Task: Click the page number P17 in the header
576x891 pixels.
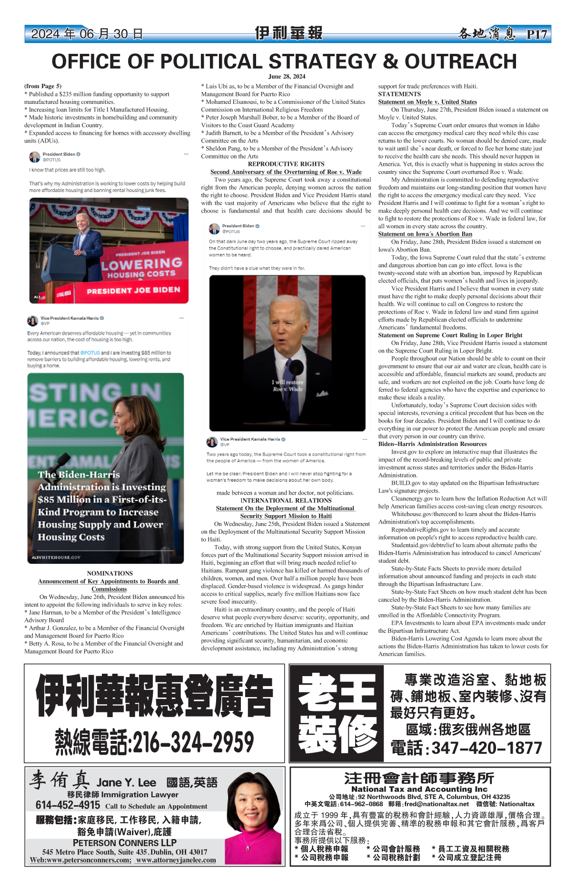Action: tap(536, 34)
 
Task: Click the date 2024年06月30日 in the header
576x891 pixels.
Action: tap(87, 34)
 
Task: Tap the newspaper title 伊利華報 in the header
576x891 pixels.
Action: tap(288, 33)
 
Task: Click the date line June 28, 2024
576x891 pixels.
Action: tap(287, 76)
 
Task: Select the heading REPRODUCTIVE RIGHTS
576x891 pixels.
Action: tap(286, 164)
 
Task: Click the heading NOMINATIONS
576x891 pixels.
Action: tap(110, 573)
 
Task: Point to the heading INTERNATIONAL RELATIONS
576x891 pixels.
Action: tap(286, 500)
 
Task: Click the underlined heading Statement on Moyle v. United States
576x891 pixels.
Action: tap(427, 102)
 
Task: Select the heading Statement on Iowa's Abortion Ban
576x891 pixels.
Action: tap(425, 234)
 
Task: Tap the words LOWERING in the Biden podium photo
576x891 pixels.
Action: tap(142, 264)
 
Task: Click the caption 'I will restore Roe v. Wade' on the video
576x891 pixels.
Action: tap(288, 385)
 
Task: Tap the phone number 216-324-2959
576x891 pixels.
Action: tap(155, 742)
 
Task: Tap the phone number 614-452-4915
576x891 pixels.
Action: tap(68, 805)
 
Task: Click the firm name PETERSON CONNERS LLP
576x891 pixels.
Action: tap(125, 842)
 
